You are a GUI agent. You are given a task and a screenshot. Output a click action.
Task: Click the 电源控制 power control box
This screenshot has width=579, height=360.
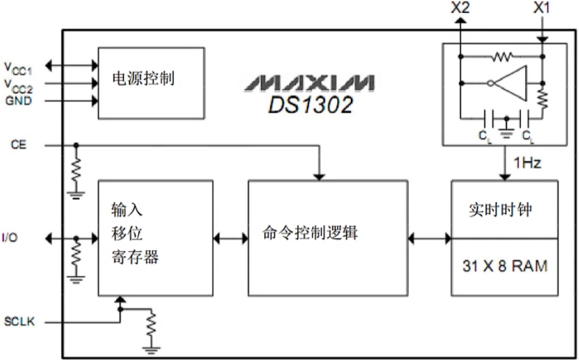coord(151,81)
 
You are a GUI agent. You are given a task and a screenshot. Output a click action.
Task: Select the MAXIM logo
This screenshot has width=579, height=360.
coord(310,83)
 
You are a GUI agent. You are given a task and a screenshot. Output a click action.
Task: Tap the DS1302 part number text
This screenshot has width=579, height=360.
coord(310,105)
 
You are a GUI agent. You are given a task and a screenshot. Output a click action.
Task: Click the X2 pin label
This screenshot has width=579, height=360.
coord(460,8)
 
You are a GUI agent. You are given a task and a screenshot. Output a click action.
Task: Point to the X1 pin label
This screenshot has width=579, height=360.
coord(542,8)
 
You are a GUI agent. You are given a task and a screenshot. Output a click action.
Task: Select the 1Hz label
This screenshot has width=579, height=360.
coord(527,163)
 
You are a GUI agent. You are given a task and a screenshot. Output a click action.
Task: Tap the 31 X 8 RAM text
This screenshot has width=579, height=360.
coord(504,266)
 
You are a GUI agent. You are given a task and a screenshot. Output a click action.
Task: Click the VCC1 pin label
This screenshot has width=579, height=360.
coord(17,66)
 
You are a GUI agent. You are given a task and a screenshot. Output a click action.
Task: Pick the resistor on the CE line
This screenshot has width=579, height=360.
coord(76,169)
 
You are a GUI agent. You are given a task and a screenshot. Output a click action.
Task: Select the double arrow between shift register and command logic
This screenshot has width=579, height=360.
coord(231,238)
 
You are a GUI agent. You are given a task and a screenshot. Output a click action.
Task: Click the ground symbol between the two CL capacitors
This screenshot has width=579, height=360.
coord(506,133)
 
